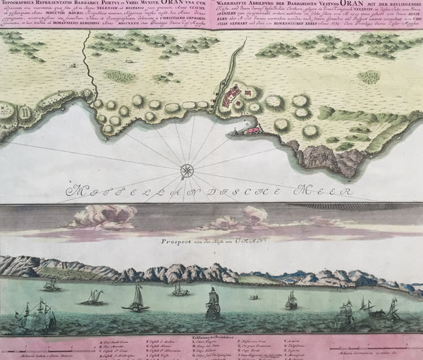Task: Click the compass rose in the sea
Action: tap(188, 169)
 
